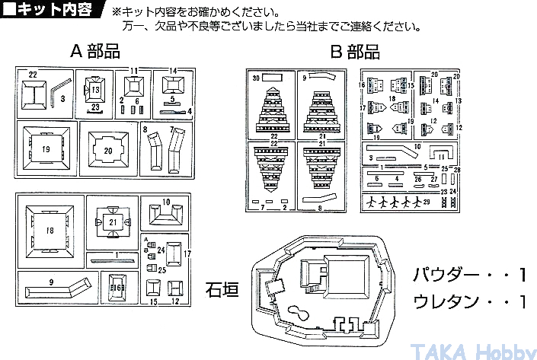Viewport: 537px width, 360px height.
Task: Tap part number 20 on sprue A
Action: pos(108,151)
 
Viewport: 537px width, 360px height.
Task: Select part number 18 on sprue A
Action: pos(50,231)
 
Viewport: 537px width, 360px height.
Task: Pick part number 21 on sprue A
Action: pos(112,221)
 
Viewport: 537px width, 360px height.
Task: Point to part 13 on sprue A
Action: pos(95,90)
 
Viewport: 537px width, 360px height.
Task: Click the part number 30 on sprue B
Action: pos(256,78)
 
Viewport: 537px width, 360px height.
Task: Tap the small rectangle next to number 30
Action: pos(273,78)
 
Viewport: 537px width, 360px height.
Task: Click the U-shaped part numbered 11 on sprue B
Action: pos(443,155)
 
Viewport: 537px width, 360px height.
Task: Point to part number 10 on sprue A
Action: pos(166,202)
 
